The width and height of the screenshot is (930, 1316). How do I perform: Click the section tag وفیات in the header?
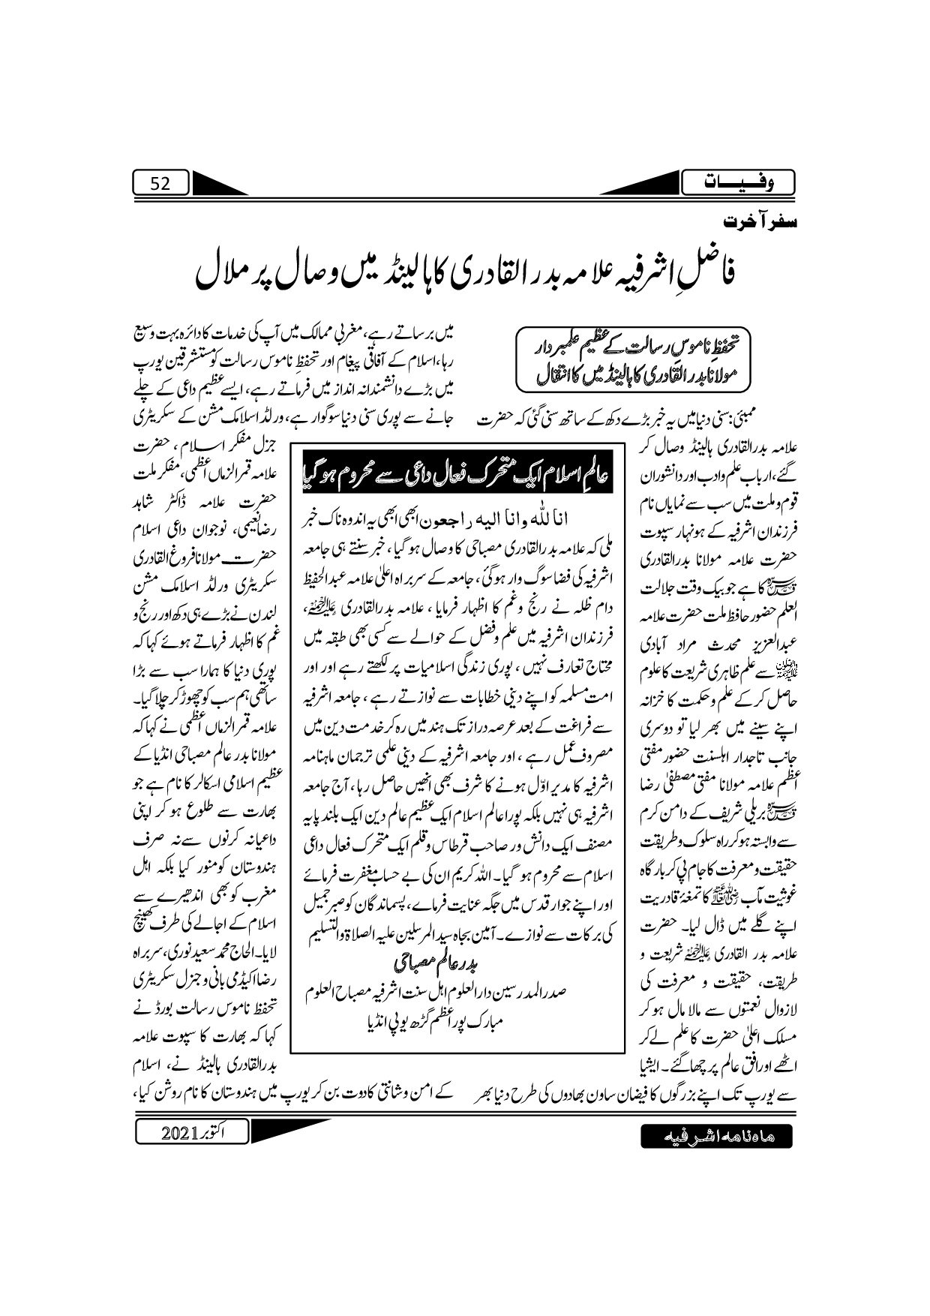click(739, 183)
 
